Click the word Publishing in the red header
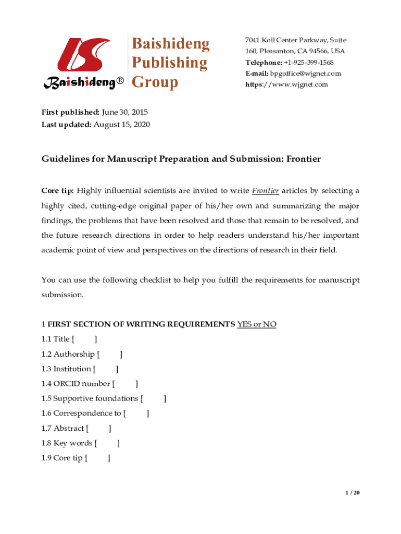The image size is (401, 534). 169,63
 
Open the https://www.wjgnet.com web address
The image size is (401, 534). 286,84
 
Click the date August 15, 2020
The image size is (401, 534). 122,124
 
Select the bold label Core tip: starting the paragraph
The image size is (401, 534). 57,190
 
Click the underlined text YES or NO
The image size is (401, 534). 257,324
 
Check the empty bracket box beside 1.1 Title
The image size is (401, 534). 84,339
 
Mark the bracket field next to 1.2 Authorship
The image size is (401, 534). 109,355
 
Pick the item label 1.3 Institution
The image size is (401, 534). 66,369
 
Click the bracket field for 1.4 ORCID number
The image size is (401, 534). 125,384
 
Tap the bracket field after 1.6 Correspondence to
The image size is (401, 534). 136,414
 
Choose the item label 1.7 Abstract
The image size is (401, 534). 62,429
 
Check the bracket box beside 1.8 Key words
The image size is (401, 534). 107,444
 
